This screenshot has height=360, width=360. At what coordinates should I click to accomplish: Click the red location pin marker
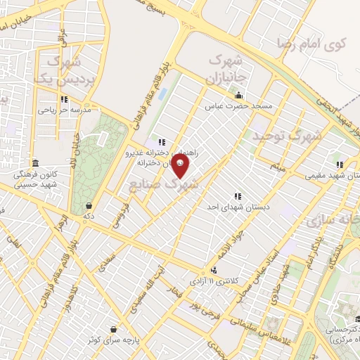pos(181,167)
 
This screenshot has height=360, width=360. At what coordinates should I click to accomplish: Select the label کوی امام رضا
pos(318,44)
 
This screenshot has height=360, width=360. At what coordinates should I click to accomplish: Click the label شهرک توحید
pos(287,134)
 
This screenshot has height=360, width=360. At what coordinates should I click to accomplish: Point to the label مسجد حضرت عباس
pos(238,108)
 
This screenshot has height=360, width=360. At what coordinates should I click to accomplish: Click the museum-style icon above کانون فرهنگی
pos(34,162)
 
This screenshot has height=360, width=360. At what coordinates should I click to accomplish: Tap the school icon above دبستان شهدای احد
pos(237,195)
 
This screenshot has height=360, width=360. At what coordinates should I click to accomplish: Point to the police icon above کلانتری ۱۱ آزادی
pos(214,269)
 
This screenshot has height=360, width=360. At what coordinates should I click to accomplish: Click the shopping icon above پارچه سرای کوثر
pos(113,328)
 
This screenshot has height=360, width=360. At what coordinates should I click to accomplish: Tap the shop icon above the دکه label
pos(89,205)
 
